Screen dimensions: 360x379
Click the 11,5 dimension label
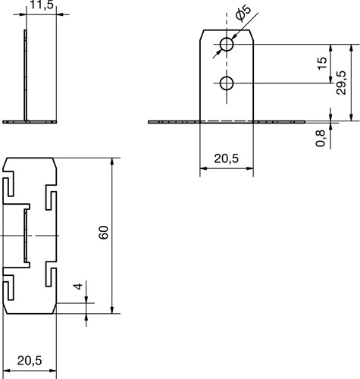click(42, 5)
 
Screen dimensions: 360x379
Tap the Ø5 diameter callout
click(243, 13)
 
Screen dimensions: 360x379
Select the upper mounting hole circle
click(227, 44)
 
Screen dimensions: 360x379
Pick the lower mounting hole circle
click(227, 83)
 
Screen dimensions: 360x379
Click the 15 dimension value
click(322, 64)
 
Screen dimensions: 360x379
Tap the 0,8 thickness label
click(321, 138)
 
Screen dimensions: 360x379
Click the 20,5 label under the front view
click(227, 158)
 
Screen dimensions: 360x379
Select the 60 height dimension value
click(104, 232)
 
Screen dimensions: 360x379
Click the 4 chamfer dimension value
click(78, 287)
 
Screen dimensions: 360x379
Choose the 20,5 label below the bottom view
click(30, 361)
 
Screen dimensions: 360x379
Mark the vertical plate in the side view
click(26, 75)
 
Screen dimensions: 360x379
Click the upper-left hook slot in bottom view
click(8, 183)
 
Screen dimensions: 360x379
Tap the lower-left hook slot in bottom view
click(8, 287)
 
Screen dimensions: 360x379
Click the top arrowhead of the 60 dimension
click(112, 161)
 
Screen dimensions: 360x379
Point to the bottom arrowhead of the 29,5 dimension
click(351, 117)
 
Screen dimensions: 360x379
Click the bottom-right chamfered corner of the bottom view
click(55, 309)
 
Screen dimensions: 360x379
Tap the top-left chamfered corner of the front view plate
click(202, 35)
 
